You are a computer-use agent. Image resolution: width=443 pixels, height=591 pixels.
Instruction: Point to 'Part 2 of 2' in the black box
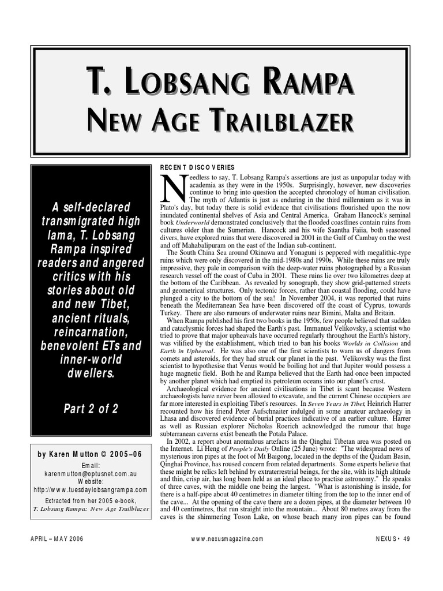click(x=92, y=409)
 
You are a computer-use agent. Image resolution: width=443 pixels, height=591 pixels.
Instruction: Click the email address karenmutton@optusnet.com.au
click(x=92, y=473)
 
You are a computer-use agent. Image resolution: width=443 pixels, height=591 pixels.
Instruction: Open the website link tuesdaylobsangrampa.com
click(x=92, y=489)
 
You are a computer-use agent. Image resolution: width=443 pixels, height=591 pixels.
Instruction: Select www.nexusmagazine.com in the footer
click(x=227, y=538)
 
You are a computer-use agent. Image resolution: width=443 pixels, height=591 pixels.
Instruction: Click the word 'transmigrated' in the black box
click(x=92, y=222)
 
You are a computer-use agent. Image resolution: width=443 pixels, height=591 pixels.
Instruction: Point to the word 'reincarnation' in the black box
click(x=92, y=332)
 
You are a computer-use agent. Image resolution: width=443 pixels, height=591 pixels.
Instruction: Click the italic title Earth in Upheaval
click(x=184, y=350)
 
